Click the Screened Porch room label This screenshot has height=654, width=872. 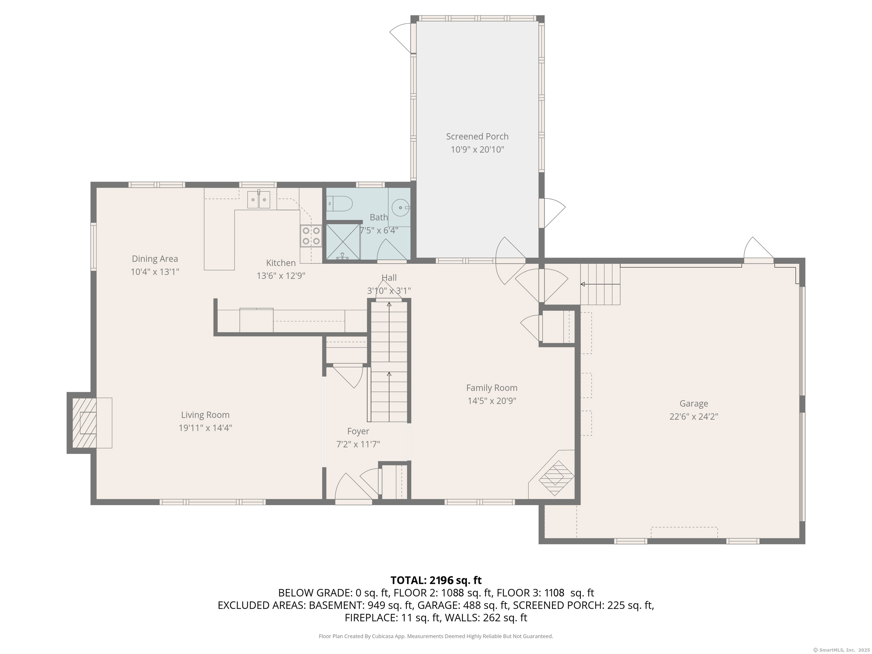coord(477,136)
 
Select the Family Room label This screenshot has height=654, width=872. coord(491,388)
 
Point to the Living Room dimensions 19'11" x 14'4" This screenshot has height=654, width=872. coord(205,428)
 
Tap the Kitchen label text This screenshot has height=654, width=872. coord(281,263)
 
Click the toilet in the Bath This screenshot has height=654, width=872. coord(339,204)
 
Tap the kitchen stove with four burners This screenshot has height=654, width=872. coord(311,236)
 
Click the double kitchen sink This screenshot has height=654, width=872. coord(258,199)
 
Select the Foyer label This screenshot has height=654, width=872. coord(358,431)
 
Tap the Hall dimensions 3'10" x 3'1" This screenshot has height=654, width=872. coord(389,291)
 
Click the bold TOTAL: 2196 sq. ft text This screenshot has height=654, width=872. coord(436,580)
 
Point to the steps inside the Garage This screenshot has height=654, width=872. coord(600,284)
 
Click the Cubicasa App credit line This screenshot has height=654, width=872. coord(436,636)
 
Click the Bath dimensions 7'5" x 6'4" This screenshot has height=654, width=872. coord(379,230)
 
